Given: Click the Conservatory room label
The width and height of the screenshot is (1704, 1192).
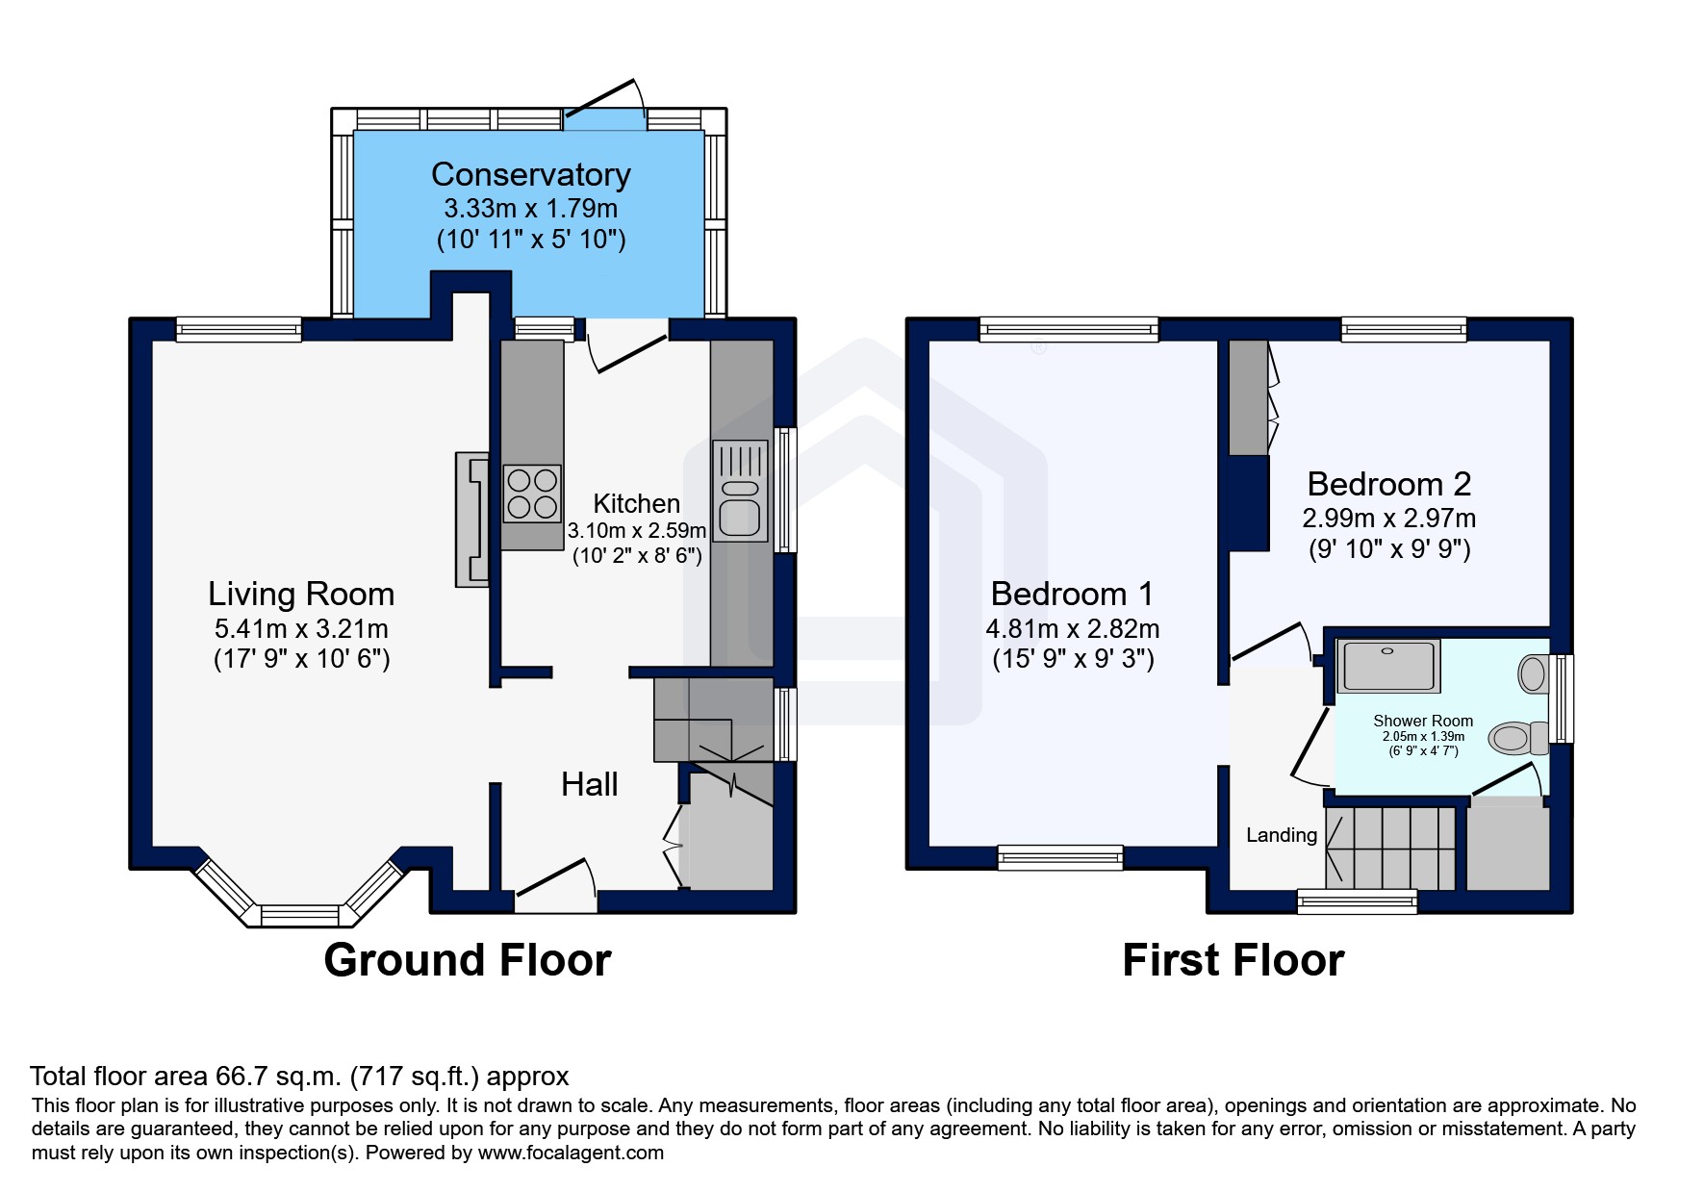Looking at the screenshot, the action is click(x=530, y=174).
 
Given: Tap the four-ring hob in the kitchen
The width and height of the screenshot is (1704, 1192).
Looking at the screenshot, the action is click(x=532, y=493).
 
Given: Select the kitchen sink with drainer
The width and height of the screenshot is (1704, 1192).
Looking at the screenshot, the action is click(x=740, y=491).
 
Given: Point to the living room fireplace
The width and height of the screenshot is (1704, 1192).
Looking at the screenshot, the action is click(x=472, y=520).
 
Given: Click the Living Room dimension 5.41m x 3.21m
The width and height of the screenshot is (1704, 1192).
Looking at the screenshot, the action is click(x=301, y=629).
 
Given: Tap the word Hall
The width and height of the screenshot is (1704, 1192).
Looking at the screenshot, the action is click(x=589, y=784).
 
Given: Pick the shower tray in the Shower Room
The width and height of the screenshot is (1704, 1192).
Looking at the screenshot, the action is click(x=1387, y=666).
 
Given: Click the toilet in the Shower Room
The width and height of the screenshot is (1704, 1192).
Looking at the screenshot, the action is click(x=1519, y=738).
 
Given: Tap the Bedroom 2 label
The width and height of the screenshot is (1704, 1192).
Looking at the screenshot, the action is click(x=1388, y=484).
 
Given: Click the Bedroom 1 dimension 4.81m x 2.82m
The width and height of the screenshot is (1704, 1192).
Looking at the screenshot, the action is click(x=1072, y=629).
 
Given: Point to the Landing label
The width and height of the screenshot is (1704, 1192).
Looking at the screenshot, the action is click(x=1282, y=835).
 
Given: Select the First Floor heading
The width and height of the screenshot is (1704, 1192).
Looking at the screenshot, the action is click(x=1233, y=960).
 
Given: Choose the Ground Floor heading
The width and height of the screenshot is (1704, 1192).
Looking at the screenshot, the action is click(x=468, y=960).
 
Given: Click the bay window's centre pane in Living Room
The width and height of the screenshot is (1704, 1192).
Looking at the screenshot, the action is click(x=300, y=916).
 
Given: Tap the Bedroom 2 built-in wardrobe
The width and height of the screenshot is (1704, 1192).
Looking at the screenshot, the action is click(x=1249, y=397).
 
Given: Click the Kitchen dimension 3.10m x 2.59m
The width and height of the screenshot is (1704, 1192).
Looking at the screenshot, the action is click(x=637, y=530).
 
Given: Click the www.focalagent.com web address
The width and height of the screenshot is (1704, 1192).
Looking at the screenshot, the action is click(x=571, y=1153).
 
